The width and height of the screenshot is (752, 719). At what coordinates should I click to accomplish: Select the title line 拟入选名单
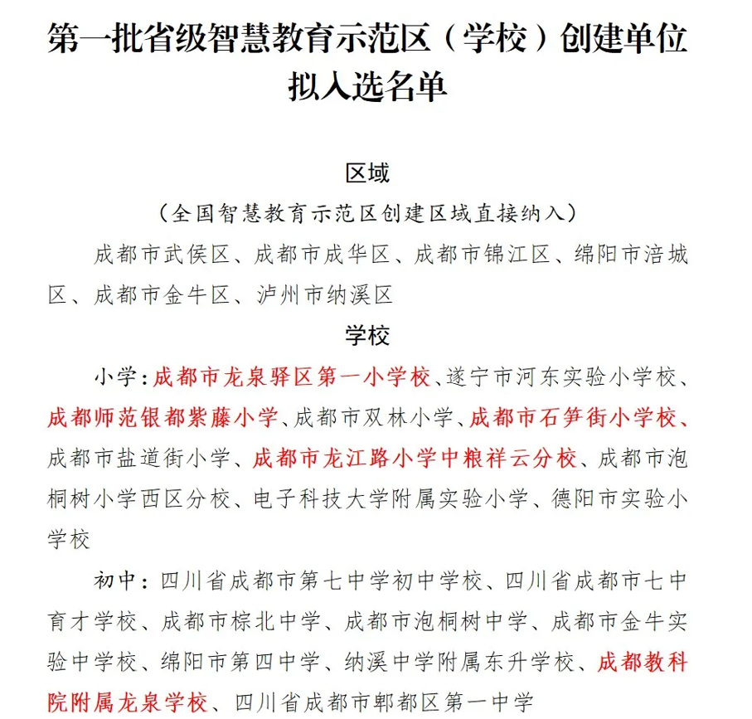pyautogui.click(x=367, y=86)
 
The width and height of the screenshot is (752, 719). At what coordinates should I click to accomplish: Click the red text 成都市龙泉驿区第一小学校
pyautogui.click(x=292, y=377)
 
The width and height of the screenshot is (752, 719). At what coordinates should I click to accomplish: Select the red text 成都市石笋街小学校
pyautogui.click(x=572, y=416)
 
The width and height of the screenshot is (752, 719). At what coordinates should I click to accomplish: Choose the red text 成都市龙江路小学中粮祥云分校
pyautogui.click(x=414, y=457)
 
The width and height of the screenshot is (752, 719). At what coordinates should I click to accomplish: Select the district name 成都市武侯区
pyautogui.click(x=162, y=255)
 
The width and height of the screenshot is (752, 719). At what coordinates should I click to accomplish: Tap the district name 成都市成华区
pyautogui.click(x=323, y=255)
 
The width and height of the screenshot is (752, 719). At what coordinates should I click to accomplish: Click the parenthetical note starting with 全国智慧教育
pyautogui.click(x=367, y=213)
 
